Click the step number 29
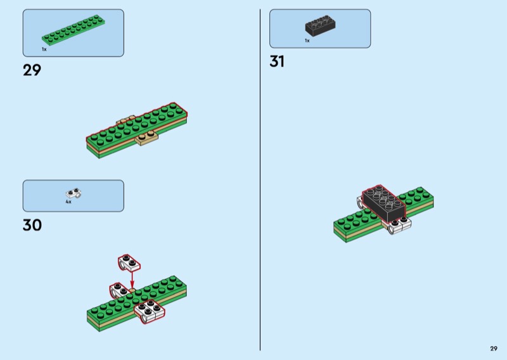(x=32, y=70)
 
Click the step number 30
(x=32, y=225)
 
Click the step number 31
(x=277, y=61)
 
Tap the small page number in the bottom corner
(x=493, y=348)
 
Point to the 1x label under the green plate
(x=44, y=49)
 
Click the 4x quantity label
(x=68, y=202)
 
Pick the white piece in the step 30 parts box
(x=74, y=193)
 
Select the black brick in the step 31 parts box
(x=320, y=26)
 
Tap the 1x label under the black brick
(x=307, y=41)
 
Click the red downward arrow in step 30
(x=132, y=279)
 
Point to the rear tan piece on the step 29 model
(x=125, y=119)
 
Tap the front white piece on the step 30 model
(x=150, y=311)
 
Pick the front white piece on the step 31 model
(x=401, y=225)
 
